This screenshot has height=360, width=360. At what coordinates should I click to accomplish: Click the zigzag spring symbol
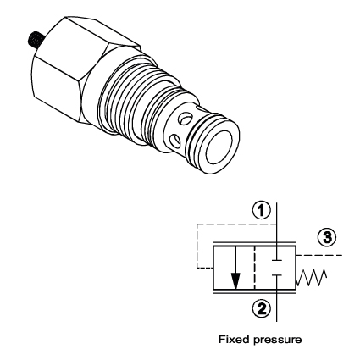[x=310, y=276]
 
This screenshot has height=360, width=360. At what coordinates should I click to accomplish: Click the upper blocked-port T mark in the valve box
[x=278, y=255]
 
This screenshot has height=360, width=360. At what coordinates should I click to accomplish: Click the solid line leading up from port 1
[x=277, y=222]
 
